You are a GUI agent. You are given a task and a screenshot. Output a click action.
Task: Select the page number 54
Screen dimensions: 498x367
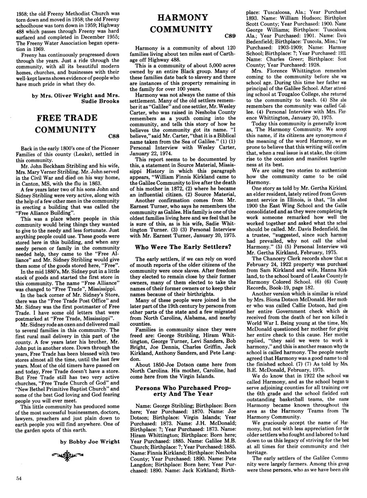[16, 489]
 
